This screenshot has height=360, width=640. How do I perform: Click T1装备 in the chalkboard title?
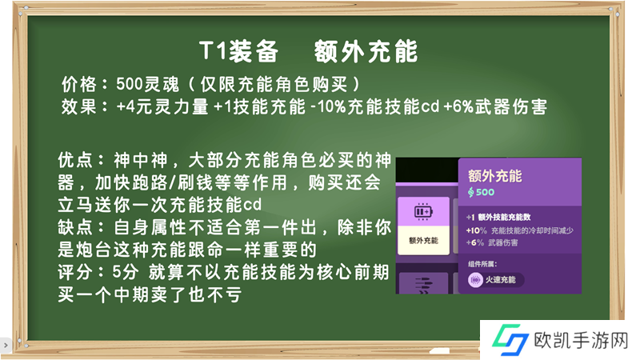(x=238, y=52)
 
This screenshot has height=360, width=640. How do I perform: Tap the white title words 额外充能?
(x=366, y=52)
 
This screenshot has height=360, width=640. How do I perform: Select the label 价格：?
(x=85, y=85)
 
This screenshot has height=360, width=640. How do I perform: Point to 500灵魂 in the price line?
(x=147, y=85)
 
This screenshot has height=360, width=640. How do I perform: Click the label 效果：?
(x=85, y=107)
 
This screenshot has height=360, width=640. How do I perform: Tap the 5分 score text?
(x=126, y=272)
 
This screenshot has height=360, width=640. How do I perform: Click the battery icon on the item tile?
(x=423, y=212)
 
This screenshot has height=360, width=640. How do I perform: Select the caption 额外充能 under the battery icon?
(x=423, y=241)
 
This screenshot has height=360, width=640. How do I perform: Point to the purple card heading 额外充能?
(x=494, y=176)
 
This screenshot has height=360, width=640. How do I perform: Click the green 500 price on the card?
(x=485, y=192)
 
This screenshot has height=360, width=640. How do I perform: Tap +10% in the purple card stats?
(x=476, y=230)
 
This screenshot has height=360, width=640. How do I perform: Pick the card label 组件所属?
(x=482, y=265)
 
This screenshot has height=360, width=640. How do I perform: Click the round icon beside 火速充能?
(x=475, y=280)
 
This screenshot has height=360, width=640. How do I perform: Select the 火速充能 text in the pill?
(x=501, y=280)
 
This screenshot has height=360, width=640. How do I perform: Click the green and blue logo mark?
(x=510, y=339)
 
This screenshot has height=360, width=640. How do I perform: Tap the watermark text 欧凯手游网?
(x=581, y=341)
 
